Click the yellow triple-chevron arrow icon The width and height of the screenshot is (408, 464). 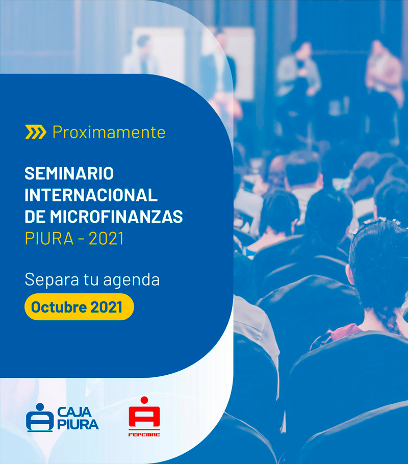coord(36,132)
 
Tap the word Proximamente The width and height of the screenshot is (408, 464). coord(109,132)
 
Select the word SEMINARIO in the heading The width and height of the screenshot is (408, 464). coord(69,173)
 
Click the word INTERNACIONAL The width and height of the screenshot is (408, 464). coord(91,195)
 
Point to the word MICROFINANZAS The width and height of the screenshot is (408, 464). coord(116,217)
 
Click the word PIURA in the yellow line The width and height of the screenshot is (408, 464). coord(49,239)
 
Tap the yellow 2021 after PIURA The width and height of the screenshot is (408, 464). coord(106,239)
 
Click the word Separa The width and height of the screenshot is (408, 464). coord(52,280)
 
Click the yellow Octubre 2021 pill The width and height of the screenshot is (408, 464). coord(79,307)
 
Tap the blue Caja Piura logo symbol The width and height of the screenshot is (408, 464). coord(40,418)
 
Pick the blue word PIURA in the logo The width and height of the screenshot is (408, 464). coord(78,425)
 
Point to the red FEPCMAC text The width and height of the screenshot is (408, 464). coord(144,434)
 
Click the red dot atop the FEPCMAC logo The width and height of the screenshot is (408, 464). coord(144,400)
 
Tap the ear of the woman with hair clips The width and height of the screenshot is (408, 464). coord(350,274)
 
